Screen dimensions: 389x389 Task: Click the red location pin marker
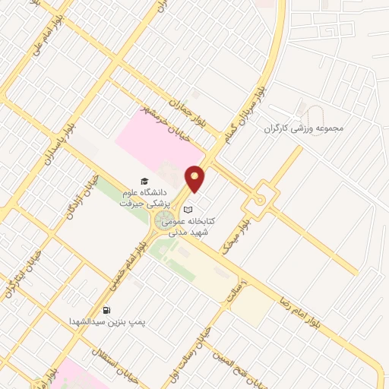click(196, 179)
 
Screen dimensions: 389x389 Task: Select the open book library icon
click(189, 210)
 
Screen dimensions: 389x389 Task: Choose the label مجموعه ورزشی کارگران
click(304, 128)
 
